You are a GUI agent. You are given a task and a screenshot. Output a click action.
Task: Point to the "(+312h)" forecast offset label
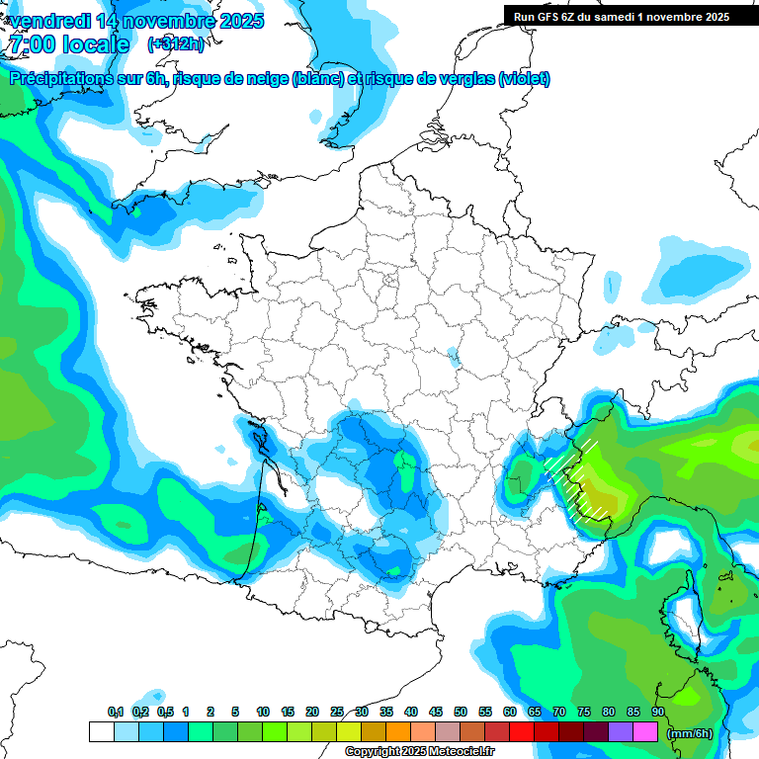pyautogui.click(x=177, y=44)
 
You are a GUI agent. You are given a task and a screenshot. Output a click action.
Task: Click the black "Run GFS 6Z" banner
pyautogui.click(x=617, y=16)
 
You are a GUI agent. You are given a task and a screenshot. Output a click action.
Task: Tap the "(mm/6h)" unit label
pyautogui.click(x=690, y=733)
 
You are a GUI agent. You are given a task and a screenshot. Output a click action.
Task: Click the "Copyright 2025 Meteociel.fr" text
pyautogui.click(x=419, y=752)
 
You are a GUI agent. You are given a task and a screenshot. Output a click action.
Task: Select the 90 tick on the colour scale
pyautogui.click(x=658, y=713)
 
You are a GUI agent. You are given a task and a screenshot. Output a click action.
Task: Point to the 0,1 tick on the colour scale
pyautogui.click(x=115, y=713)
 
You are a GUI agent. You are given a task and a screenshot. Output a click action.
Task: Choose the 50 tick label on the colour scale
pyautogui.click(x=461, y=713)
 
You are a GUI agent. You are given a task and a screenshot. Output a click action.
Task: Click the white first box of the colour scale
pyautogui.click(x=101, y=732)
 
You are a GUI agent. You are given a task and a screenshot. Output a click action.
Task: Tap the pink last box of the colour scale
pyautogui.click(x=645, y=732)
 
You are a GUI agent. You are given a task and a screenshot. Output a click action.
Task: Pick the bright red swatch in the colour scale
pyautogui.click(x=522, y=732)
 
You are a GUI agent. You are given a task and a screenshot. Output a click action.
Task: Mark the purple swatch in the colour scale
pyautogui.click(x=621, y=732)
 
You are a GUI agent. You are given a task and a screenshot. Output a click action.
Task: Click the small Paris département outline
pyautogui.click(x=388, y=281)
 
